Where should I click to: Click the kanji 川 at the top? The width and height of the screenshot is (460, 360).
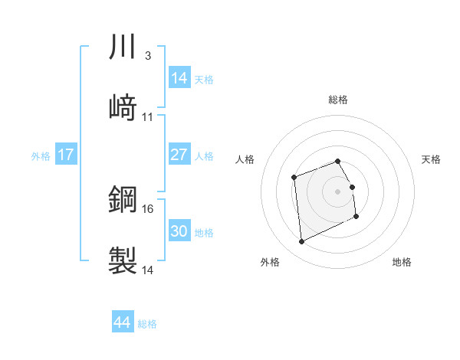(123, 48)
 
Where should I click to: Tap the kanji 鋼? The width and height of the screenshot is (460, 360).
(123, 200)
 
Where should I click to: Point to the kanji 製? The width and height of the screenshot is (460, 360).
(123, 260)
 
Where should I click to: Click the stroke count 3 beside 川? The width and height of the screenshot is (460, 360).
(147, 56)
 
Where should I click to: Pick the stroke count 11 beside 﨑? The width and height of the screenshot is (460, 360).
(148, 116)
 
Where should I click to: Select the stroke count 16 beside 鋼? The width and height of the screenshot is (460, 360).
(148, 208)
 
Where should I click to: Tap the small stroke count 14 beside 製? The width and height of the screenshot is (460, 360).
(148, 270)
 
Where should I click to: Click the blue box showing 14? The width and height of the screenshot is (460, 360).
(179, 78)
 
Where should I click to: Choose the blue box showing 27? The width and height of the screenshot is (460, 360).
(179, 155)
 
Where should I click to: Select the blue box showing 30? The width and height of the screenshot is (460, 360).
(179, 231)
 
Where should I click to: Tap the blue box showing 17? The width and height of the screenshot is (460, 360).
(66, 155)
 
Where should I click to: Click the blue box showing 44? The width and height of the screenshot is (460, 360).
(122, 322)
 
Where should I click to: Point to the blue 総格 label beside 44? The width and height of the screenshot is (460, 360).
(147, 324)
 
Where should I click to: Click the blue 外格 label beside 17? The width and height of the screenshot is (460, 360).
(41, 156)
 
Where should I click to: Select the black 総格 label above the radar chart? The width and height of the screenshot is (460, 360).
(338, 100)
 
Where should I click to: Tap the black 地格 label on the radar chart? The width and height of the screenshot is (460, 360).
(402, 262)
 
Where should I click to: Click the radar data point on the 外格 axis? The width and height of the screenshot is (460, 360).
(301, 242)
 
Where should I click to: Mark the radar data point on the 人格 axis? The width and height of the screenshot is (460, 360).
(294, 178)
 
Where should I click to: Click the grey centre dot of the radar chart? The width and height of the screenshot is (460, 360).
(338, 191)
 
